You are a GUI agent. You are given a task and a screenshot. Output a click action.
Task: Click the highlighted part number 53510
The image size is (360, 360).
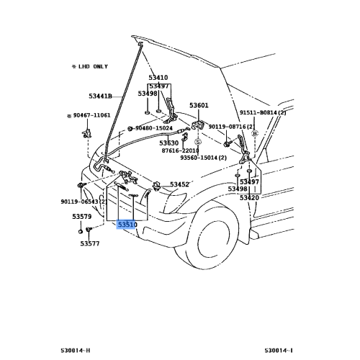[127, 225]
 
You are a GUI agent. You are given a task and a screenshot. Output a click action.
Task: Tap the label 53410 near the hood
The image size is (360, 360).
[158, 77]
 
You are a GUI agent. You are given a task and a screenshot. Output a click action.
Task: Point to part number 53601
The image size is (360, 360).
[199, 105]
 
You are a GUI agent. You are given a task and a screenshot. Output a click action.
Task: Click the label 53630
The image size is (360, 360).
[169, 143]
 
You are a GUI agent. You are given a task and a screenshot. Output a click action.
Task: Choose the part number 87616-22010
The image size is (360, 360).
[180, 150]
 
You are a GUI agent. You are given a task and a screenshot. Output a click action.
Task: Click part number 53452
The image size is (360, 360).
[179, 184]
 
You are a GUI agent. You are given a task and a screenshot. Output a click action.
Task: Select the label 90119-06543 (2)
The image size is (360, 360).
[84, 202]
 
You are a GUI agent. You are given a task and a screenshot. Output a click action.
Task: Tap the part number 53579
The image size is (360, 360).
[81, 216]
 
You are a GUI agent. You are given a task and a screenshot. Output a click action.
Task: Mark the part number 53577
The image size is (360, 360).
[90, 243]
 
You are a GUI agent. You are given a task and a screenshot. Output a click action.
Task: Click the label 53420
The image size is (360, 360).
[248, 197]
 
